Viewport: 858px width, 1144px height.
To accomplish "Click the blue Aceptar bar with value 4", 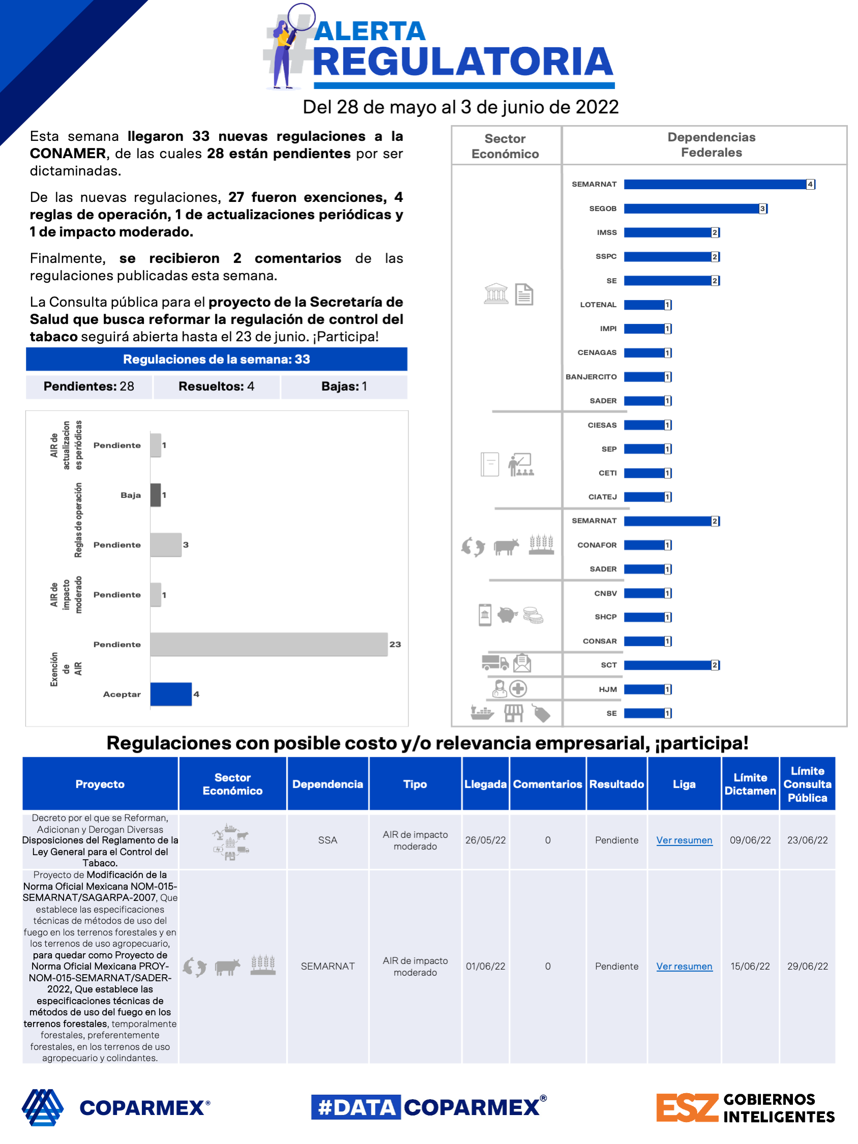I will (171, 694).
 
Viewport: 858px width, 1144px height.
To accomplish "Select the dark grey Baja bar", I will (155, 495).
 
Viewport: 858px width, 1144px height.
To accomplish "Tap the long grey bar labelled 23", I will (269, 644).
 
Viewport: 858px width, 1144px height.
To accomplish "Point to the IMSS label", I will (606, 233).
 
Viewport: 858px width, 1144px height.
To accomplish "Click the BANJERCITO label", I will (590, 377).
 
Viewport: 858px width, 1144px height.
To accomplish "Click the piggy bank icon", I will (507, 615).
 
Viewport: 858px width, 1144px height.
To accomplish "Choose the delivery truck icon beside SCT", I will (494, 662).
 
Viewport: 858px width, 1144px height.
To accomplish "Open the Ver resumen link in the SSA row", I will (684, 840).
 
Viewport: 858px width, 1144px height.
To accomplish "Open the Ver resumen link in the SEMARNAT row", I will (684, 966).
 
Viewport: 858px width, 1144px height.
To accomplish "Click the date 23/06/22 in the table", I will (807, 840).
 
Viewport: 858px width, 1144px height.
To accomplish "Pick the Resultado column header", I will (616, 784).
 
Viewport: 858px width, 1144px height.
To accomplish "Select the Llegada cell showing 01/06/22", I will (485, 966).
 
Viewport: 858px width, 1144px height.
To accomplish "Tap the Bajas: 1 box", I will (344, 386).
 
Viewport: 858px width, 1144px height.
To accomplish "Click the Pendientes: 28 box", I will (89, 386).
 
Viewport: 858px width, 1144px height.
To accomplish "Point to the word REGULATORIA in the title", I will (463, 62).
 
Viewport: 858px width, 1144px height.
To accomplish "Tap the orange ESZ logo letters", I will (687, 1107).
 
